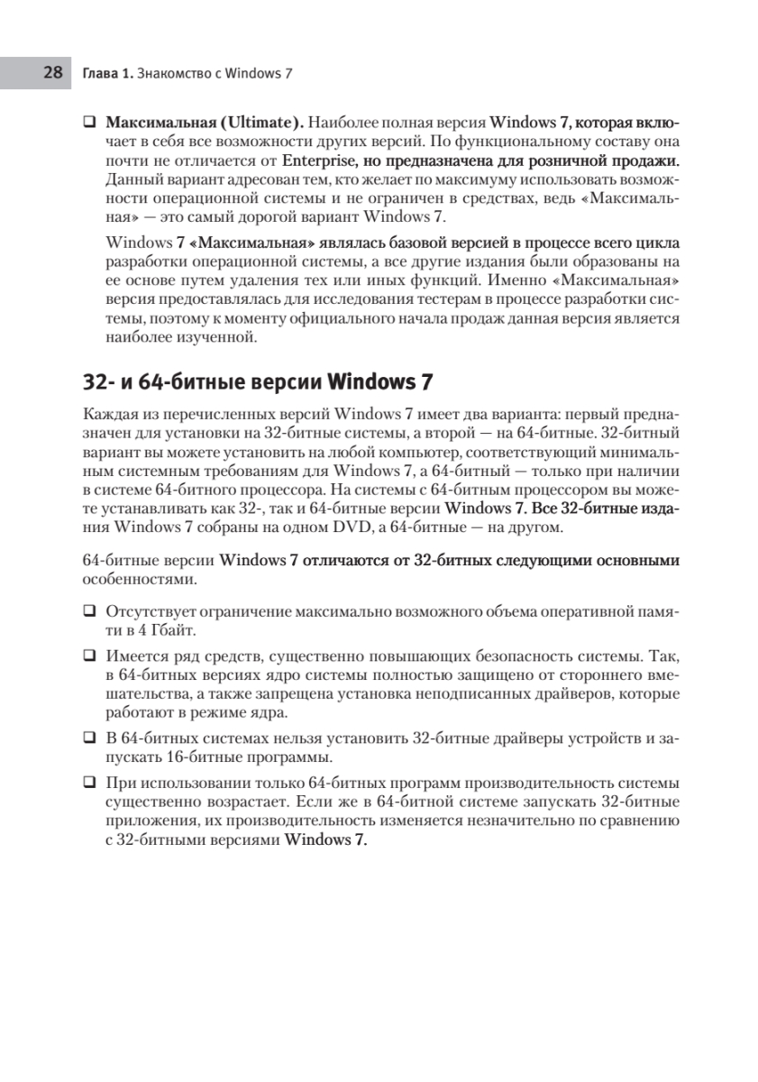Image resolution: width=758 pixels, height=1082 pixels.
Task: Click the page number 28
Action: coord(51,72)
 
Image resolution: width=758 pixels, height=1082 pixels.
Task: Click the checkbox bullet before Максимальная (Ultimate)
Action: coord(89,121)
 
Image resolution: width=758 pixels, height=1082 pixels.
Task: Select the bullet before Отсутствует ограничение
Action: coord(89,610)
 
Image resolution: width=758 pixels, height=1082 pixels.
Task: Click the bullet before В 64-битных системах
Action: coord(89,737)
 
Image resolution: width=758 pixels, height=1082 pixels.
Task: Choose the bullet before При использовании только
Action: coord(89,781)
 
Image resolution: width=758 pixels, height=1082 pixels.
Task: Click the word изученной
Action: coord(221,338)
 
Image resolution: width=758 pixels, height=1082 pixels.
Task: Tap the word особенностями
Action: coord(137,578)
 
